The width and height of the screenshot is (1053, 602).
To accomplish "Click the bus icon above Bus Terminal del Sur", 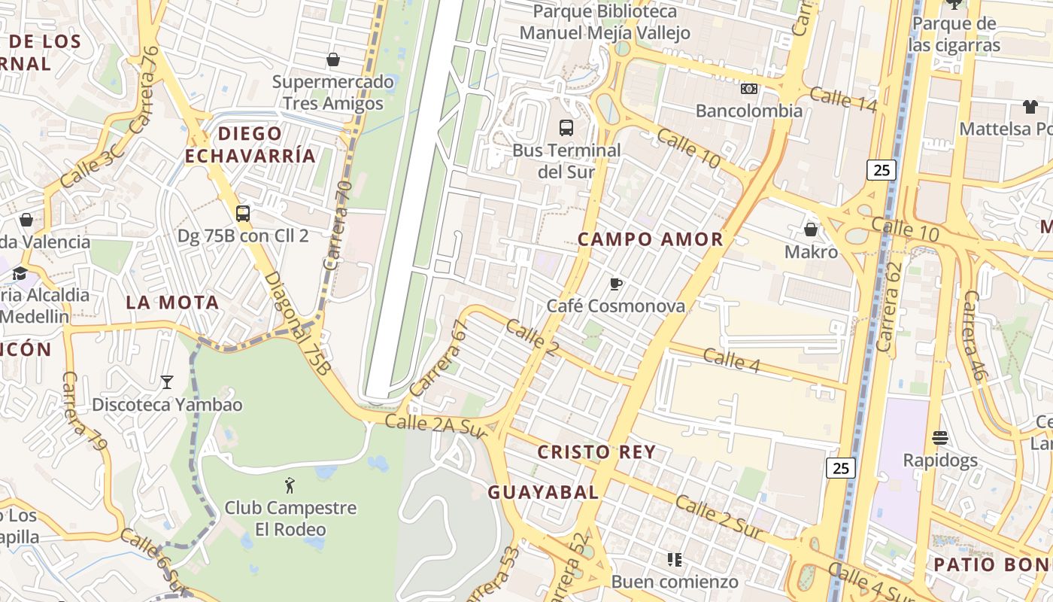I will (x=566, y=128).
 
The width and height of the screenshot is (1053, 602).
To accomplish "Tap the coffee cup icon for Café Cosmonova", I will (x=616, y=284).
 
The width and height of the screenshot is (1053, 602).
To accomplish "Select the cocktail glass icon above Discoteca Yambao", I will (x=167, y=382).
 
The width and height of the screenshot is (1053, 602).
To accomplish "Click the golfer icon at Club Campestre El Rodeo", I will (x=290, y=485).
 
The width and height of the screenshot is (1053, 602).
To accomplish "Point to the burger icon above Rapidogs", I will (x=939, y=437).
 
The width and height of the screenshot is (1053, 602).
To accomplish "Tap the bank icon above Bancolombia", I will (x=748, y=89).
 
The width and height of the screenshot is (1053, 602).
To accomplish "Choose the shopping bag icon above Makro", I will (x=811, y=229).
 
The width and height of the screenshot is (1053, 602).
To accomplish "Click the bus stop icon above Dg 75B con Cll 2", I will (x=242, y=214).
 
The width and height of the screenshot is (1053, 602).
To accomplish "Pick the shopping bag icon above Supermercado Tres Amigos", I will (x=333, y=59).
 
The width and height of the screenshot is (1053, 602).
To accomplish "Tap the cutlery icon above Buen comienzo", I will (x=674, y=559).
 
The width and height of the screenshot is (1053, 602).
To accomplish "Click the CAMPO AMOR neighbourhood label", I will (x=650, y=239).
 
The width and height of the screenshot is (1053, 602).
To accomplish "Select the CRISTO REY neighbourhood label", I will (x=596, y=452).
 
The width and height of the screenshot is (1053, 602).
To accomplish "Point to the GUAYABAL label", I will (x=543, y=493).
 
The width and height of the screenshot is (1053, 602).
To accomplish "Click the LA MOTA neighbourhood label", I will (x=172, y=303).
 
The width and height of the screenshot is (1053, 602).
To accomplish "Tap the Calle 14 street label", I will (x=843, y=99).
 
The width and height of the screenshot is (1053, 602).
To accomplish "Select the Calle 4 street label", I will (x=733, y=360).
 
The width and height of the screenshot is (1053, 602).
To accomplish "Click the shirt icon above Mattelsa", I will (x=1030, y=107).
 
